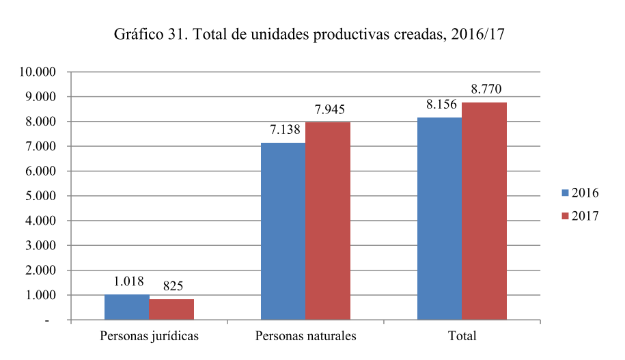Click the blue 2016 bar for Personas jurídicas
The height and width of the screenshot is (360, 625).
[126, 307]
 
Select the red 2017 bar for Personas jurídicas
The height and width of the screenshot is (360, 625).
[171, 309]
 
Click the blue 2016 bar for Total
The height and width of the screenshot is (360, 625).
[439, 219]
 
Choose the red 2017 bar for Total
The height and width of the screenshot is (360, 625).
[484, 211]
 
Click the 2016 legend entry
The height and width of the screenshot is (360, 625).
[580, 193]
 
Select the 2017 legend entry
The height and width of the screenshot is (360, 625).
[580, 216]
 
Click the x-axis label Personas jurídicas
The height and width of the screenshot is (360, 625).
[149, 337]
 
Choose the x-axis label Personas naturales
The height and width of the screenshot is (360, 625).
[305, 337]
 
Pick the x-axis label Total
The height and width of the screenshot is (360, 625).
[462, 337]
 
